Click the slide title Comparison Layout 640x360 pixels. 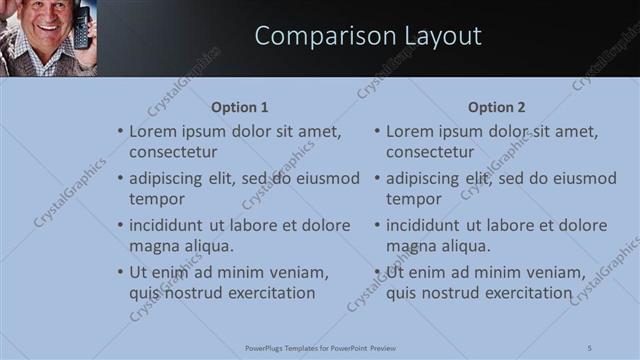point(368,37)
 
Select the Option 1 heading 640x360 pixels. point(240,107)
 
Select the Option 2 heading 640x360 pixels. point(496,107)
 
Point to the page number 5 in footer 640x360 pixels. point(590,347)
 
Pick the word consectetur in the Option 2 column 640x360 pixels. point(430,152)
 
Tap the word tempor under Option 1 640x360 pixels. point(154,199)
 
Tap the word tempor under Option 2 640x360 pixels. point(411,199)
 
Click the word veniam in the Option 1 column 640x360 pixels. point(299,272)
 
